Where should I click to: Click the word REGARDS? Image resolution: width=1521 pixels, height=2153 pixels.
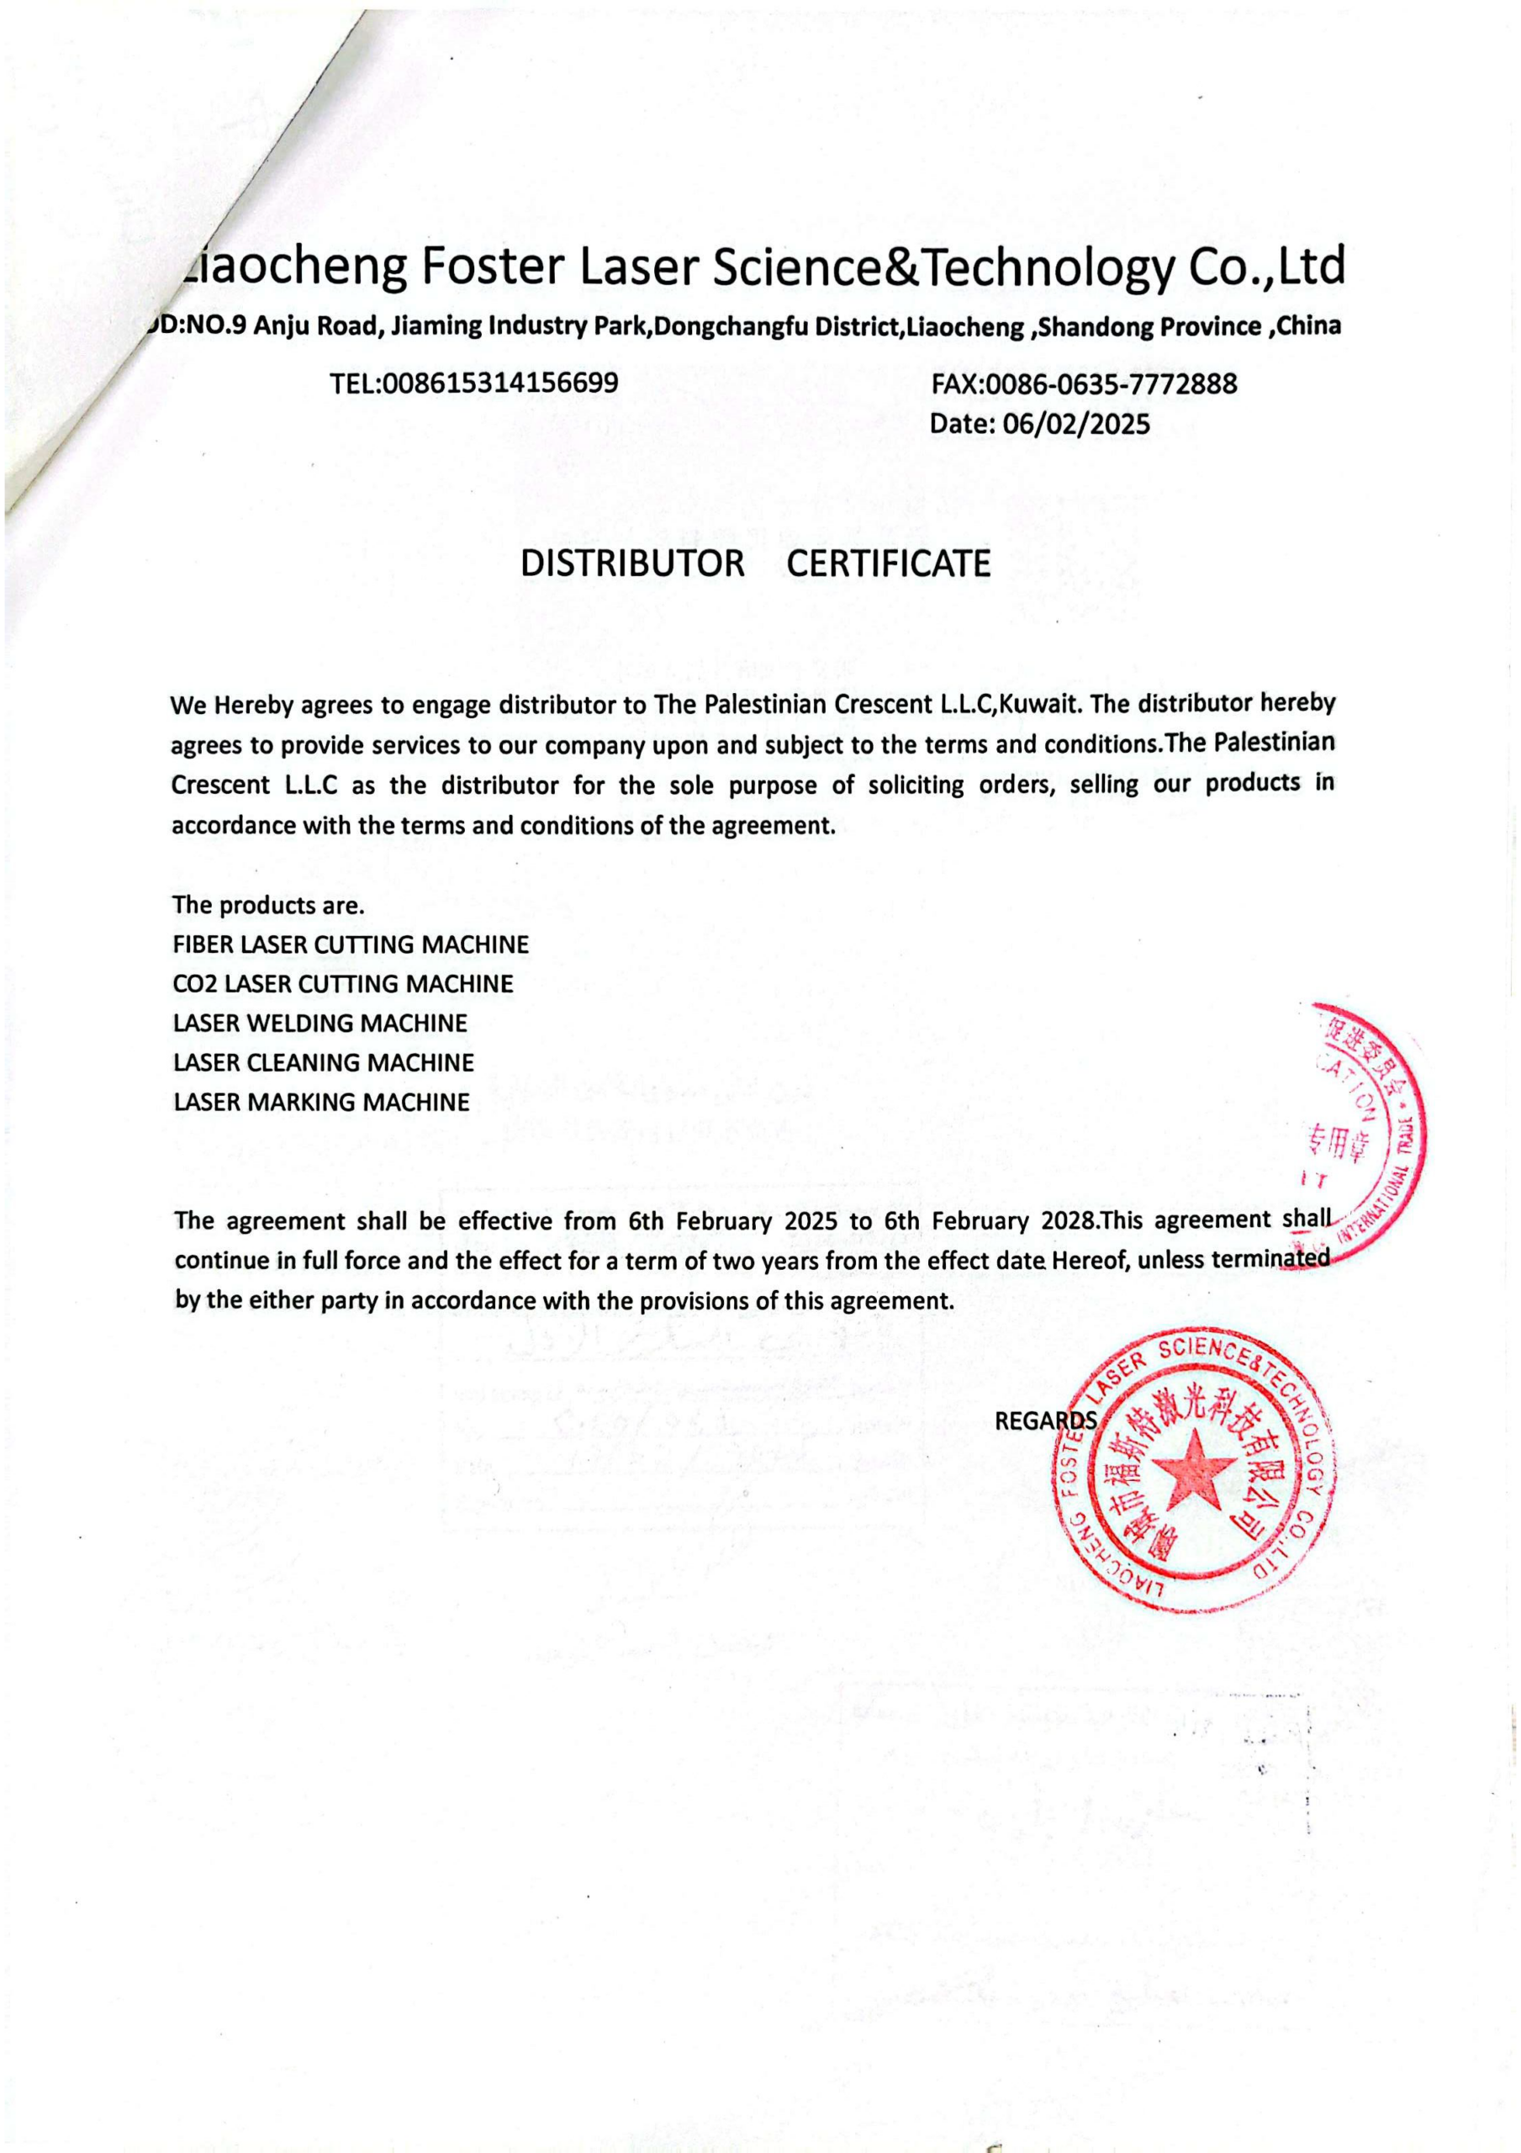[1044, 1421]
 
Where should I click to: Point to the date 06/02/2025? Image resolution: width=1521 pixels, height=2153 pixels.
[1076, 425]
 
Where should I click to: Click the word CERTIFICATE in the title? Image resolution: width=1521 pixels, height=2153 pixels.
[888, 563]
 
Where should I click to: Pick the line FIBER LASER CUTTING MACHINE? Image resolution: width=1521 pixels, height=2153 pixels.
[351, 944]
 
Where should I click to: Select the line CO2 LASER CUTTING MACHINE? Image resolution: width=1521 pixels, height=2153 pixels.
[343, 984]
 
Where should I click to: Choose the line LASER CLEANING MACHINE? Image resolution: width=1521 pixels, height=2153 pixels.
[324, 1062]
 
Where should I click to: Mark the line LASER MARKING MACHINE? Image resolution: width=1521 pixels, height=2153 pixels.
[322, 1102]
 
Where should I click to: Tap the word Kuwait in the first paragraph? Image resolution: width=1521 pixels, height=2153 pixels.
[1042, 704]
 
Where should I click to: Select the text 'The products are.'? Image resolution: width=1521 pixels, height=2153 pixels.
[268, 906]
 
